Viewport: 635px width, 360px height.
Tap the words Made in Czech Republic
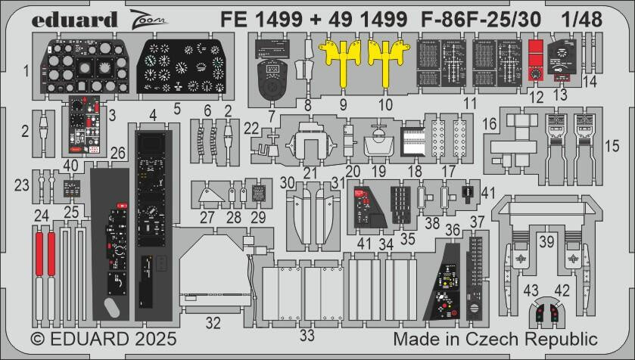point(495,338)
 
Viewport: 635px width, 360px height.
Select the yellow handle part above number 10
point(385,61)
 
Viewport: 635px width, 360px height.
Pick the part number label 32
point(213,323)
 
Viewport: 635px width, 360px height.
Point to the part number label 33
point(306,334)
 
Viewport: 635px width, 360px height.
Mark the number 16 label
point(490,123)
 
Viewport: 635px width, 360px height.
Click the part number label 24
point(41,215)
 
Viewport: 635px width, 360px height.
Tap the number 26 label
point(117,153)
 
